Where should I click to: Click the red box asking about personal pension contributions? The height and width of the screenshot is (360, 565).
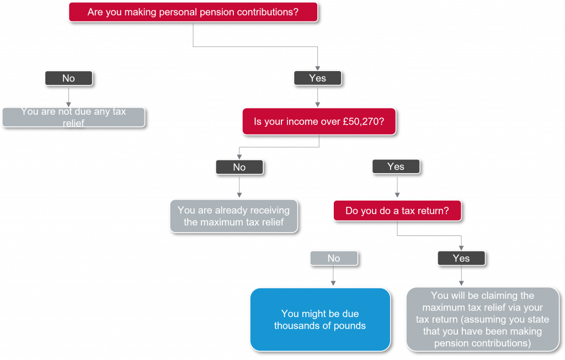(193, 12)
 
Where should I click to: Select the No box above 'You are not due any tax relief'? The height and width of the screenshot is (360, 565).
(68, 78)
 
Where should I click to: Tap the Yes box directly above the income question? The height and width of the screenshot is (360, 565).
(317, 78)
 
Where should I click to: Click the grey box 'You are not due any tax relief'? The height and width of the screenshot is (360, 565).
(73, 117)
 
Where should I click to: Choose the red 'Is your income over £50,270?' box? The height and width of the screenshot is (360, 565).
(319, 122)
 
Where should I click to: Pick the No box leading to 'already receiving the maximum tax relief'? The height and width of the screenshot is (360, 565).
(239, 167)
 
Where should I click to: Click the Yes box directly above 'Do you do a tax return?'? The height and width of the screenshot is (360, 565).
(396, 166)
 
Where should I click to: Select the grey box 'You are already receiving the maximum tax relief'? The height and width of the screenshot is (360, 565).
(234, 216)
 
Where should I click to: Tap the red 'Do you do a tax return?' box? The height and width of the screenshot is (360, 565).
(397, 211)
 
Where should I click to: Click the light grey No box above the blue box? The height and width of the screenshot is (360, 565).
(334, 259)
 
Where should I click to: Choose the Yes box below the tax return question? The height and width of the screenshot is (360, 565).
(461, 259)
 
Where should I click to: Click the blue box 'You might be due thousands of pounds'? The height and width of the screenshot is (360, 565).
(321, 320)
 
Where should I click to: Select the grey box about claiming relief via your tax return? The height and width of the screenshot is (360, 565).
(482, 319)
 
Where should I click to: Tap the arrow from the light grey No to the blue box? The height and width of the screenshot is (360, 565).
(333, 276)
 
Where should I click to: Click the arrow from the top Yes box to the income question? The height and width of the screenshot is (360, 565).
(317, 96)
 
